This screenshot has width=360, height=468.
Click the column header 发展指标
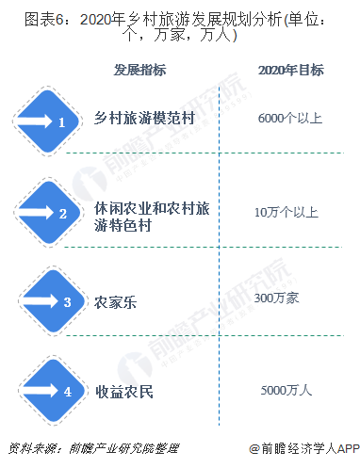click(x=141, y=71)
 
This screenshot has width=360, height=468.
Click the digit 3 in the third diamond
click(x=67, y=302)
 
